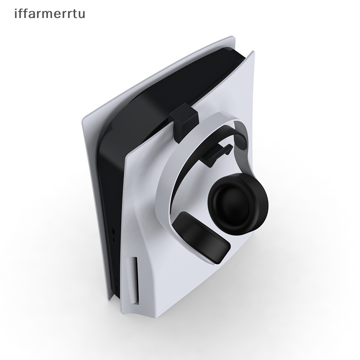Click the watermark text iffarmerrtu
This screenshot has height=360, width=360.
pyautogui.click(x=49, y=14)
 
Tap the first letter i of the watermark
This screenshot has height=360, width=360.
pyautogui.click(x=16, y=13)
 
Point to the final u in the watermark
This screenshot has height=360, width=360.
pyautogui.click(x=81, y=14)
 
